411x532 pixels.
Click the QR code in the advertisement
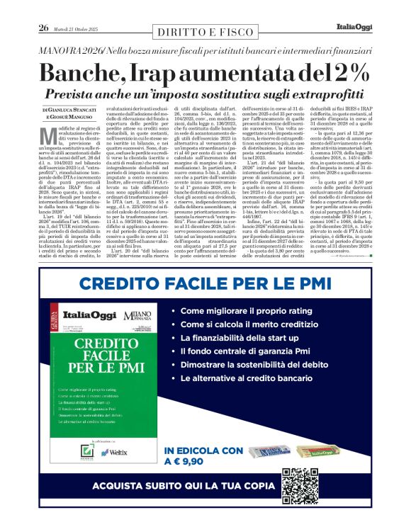coord(303,485)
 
